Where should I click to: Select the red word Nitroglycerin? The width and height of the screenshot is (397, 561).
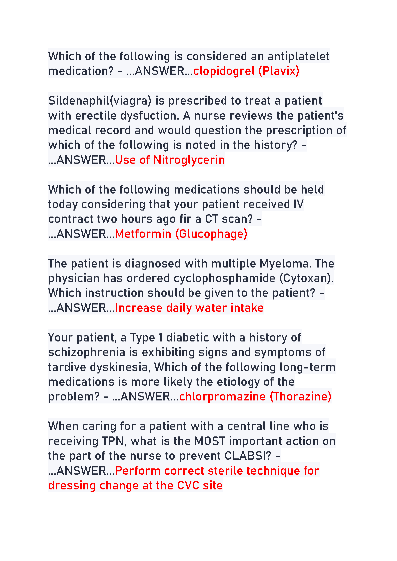tap(189, 160)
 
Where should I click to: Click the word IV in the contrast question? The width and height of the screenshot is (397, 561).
tap(299, 204)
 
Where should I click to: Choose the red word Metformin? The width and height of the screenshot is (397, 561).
tap(143, 234)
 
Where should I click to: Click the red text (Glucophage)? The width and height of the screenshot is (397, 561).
tap(211, 234)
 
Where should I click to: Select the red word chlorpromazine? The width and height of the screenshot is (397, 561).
tap(222, 396)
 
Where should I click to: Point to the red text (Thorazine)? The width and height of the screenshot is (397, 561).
tap(300, 396)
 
